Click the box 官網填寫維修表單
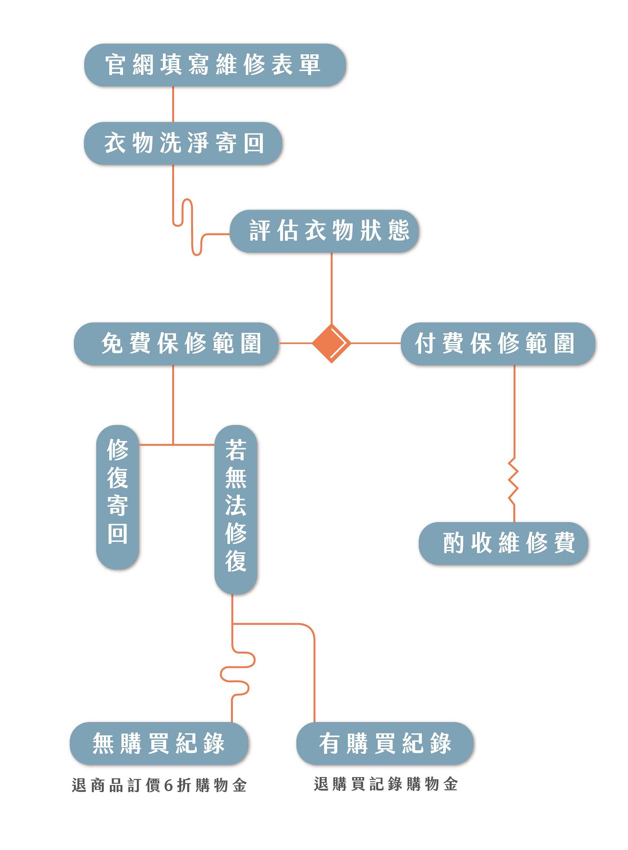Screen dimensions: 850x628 point(215,65)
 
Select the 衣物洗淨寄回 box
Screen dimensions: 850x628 point(183,143)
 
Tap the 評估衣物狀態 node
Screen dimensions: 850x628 point(324,231)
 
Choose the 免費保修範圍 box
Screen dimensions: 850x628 point(176,344)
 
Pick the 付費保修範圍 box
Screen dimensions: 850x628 point(498,344)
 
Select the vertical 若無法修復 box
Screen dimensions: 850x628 point(236,509)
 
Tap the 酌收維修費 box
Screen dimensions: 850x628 point(503,543)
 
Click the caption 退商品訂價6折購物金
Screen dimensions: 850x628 point(159,785)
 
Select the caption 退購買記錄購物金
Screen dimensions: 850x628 point(385,784)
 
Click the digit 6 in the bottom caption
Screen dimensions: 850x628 point(168,785)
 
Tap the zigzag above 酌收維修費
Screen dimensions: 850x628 point(514,481)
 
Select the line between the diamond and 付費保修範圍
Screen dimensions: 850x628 point(376,343)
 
